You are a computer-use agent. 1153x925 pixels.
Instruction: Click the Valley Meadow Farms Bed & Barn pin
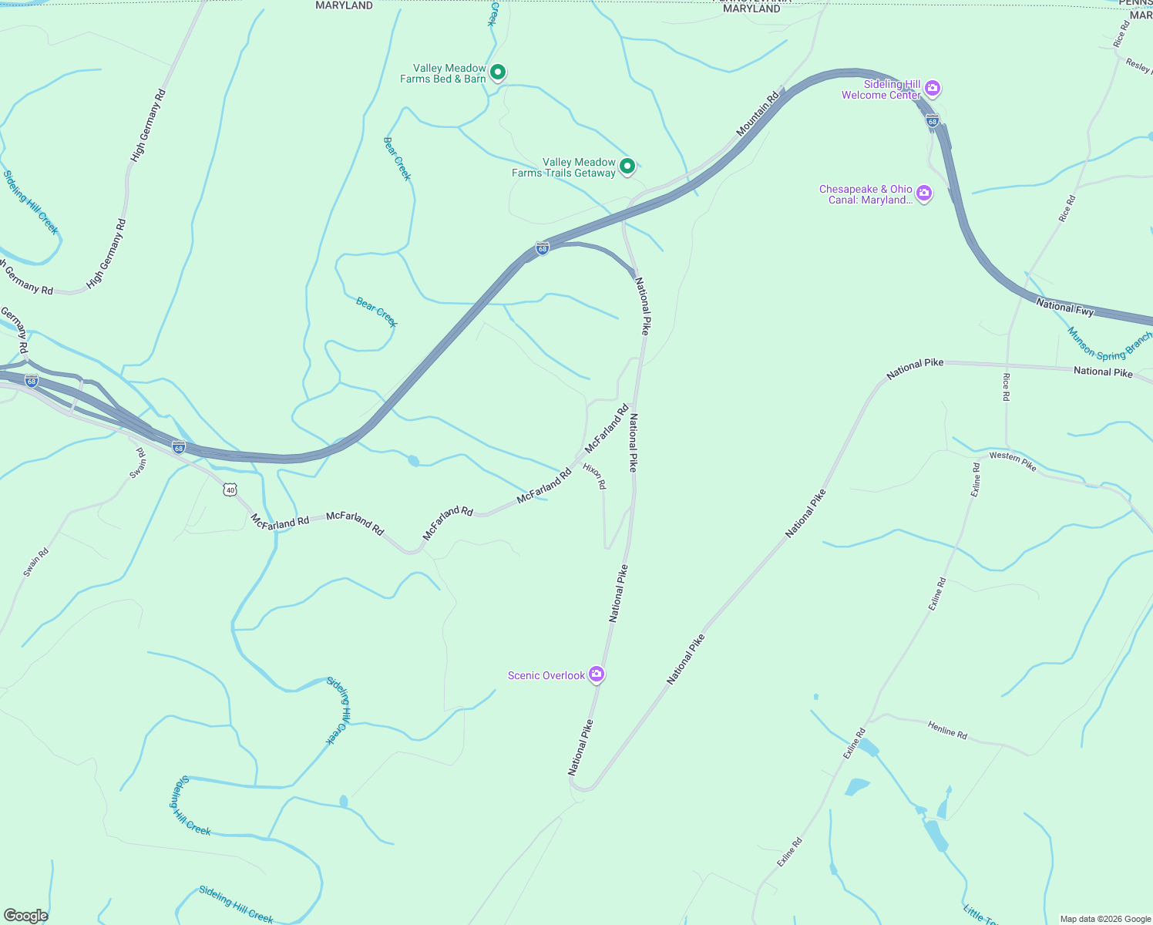coord(498,72)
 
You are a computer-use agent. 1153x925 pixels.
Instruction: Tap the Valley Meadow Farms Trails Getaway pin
coord(627,166)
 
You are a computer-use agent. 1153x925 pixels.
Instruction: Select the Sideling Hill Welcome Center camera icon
coord(933,89)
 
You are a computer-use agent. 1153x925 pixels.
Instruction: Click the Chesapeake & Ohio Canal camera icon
coord(924,193)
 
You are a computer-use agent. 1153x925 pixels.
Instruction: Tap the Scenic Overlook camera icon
coord(597,674)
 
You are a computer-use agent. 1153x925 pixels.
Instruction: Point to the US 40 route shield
coord(230,489)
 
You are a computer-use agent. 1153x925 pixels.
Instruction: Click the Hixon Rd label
coord(594,476)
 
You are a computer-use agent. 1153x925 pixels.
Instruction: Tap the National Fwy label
coord(1065,307)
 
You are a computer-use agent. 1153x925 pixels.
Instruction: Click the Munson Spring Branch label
coord(1110,345)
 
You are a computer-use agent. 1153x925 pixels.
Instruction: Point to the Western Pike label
coord(1013,461)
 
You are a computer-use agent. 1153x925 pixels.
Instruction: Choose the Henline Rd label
coord(947,730)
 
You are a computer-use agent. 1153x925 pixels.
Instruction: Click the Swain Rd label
coord(36,562)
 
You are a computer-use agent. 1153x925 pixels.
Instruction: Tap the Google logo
coord(25,916)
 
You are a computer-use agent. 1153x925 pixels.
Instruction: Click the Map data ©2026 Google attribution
coord(1105,919)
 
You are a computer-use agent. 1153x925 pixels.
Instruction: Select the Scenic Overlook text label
coord(546,675)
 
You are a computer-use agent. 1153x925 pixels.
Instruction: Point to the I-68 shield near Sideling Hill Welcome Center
coord(933,121)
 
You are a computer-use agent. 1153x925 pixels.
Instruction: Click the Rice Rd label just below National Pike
coord(1006,387)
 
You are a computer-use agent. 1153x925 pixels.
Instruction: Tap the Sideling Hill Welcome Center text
coord(881,89)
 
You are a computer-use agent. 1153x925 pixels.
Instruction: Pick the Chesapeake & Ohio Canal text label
coord(866,194)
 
